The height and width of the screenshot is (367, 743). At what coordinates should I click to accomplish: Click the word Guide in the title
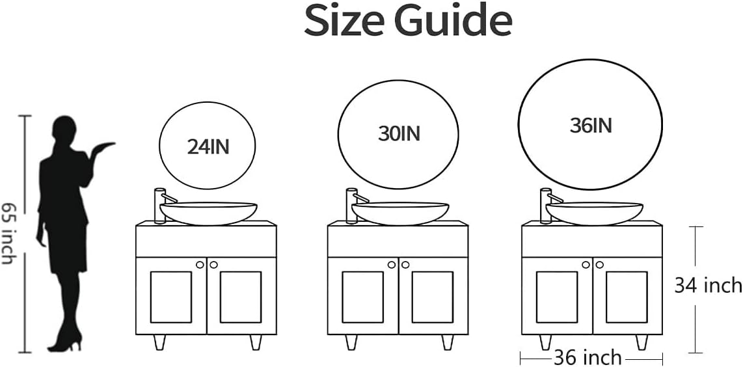(454, 21)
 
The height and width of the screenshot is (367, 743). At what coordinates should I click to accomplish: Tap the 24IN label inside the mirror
(208, 148)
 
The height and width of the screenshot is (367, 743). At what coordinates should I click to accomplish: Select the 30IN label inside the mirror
(399, 134)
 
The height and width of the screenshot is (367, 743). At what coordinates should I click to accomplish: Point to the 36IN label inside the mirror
(591, 126)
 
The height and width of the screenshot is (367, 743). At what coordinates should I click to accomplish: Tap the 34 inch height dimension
(708, 285)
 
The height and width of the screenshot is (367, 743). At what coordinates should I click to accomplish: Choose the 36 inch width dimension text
(587, 357)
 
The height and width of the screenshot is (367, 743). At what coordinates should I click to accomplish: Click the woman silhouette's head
(64, 129)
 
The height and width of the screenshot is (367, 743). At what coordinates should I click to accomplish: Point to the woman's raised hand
(104, 146)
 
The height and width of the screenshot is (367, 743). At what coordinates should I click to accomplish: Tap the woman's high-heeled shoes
(65, 342)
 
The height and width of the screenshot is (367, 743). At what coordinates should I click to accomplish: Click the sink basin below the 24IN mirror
(208, 213)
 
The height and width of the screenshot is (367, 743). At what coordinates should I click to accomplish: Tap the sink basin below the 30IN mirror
(400, 213)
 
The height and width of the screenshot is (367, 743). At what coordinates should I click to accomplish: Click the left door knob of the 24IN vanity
(200, 265)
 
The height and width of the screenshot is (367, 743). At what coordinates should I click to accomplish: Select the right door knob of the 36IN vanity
(599, 265)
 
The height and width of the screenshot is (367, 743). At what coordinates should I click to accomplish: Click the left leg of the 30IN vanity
(351, 342)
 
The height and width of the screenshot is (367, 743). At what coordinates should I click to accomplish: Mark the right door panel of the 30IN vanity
(432, 297)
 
